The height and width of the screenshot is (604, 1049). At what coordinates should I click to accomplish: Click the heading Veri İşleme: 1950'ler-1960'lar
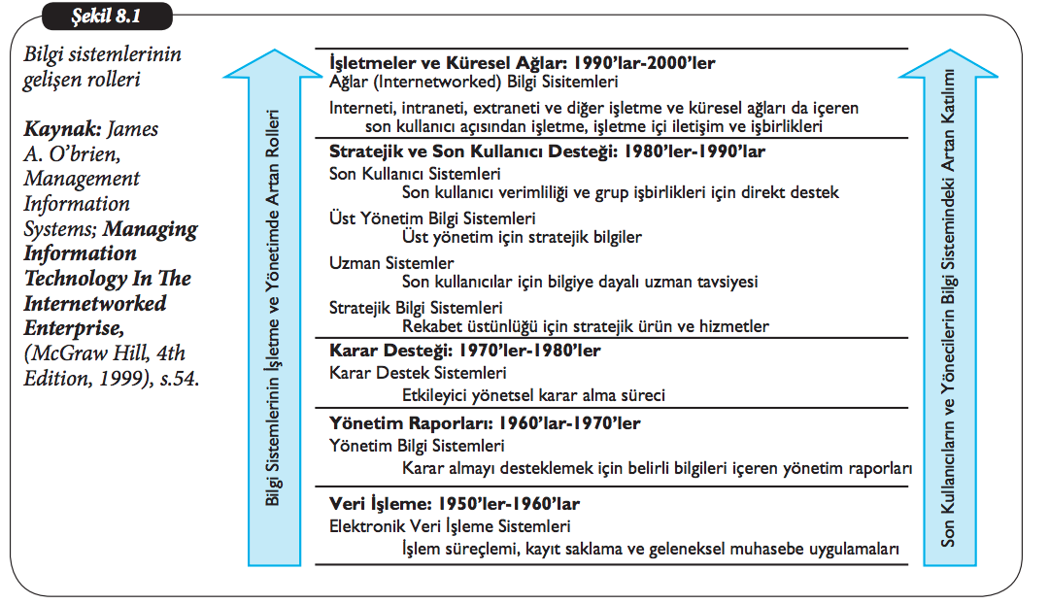pyautogui.click(x=456, y=506)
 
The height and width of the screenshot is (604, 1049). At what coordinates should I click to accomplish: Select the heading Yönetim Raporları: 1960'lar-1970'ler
pyautogui.click(x=485, y=423)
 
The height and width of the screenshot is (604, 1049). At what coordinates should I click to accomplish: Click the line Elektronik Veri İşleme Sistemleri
pyautogui.click(x=450, y=527)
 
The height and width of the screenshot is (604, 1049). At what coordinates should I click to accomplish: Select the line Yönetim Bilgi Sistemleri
pyautogui.click(x=417, y=446)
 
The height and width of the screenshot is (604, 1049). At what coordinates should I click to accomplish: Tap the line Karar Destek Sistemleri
pyautogui.click(x=418, y=372)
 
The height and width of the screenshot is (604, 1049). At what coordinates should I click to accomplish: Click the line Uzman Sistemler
pyautogui.click(x=391, y=262)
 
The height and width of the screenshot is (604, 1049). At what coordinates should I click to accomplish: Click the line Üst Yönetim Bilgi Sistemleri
pyautogui.click(x=432, y=218)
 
